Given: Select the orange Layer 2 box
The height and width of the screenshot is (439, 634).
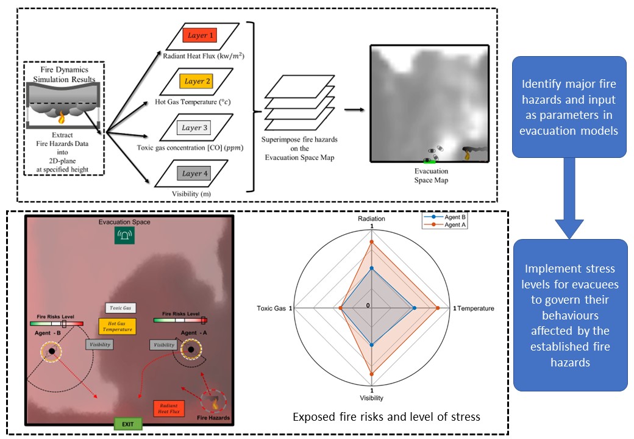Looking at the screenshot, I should tap(198, 82).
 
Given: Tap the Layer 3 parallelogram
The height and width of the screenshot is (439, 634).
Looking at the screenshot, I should tap(199, 127).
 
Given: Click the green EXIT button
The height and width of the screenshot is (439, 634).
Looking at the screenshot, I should tap(128, 423).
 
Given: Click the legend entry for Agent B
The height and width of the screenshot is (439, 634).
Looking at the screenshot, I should tap(451, 217).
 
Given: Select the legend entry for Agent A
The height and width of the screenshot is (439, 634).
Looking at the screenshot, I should tap(451, 224).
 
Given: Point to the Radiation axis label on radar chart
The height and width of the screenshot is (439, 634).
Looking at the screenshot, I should tap(371, 218).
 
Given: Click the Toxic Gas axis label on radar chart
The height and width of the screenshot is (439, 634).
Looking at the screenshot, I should tap(272, 309).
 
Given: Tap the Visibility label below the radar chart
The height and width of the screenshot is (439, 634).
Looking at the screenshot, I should tap(371, 398).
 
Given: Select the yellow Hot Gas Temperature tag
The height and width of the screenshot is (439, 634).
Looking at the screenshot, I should tap(116, 325).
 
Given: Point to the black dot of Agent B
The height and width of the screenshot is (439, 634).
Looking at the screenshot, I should tap(52, 352).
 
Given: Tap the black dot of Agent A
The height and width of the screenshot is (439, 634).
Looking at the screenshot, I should tap(191, 349).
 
